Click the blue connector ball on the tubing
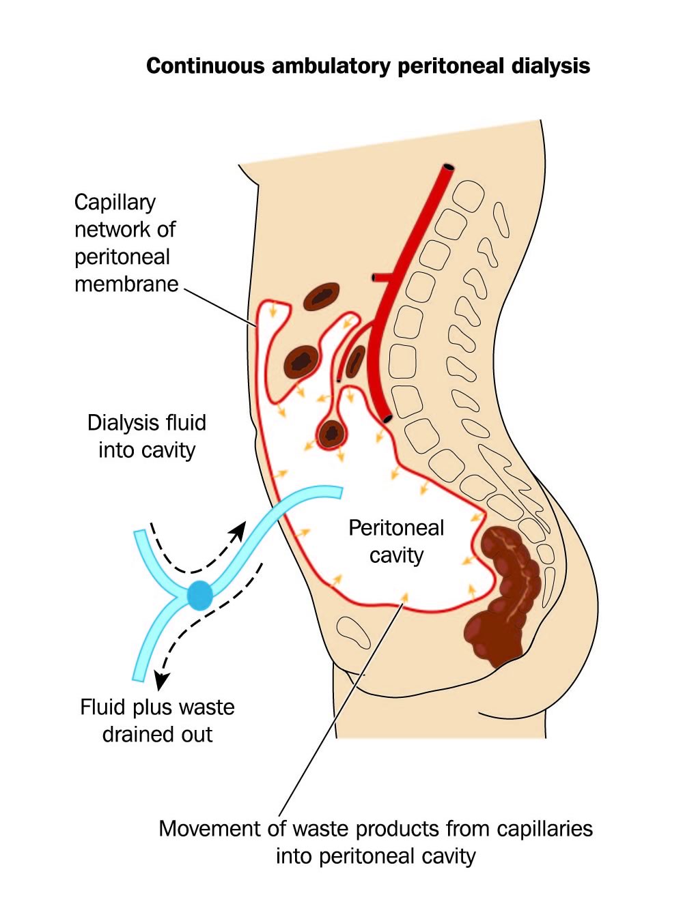pos(199,594)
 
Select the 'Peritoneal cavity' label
pos(396,541)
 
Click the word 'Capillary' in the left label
pos(115,203)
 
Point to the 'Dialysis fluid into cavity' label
pos(147,436)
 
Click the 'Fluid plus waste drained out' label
pos(157,720)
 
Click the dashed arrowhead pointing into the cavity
pos(239,529)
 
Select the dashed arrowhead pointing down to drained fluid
pos(161,679)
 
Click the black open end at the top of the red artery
pos(448,167)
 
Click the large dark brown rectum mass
pos(505,594)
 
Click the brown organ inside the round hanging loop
pos(332,433)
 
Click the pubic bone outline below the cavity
pos(354,630)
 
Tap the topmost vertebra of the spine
pos(469,196)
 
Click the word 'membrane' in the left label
pos(126,284)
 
